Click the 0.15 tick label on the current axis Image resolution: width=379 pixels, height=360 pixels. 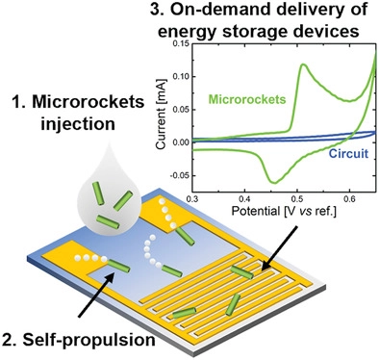[x=181, y=43]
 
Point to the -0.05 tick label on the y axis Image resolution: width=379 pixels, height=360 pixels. [x=180, y=175]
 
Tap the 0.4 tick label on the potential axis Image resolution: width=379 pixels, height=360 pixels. [x=244, y=199]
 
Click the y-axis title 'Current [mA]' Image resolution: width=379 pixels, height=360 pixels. [x=162, y=114]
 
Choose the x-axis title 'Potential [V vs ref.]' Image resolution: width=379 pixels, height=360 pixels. [x=284, y=212]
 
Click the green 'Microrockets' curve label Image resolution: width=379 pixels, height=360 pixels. [x=247, y=99]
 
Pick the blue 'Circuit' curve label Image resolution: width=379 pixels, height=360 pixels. [x=348, y=154]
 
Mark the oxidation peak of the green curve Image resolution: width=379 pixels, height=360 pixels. [x=302, y=64]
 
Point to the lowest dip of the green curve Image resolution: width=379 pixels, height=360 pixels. [x=274, y=183]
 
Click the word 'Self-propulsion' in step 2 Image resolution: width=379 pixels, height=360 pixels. [x=88, y=340]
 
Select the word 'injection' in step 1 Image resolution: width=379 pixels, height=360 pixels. [x=78, y=123]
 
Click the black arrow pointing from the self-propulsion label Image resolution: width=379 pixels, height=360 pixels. [x=96, y=295]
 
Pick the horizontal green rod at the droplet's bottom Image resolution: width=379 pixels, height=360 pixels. [x=109, y=221]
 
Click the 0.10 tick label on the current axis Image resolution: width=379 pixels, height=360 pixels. [x=181, y=76]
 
